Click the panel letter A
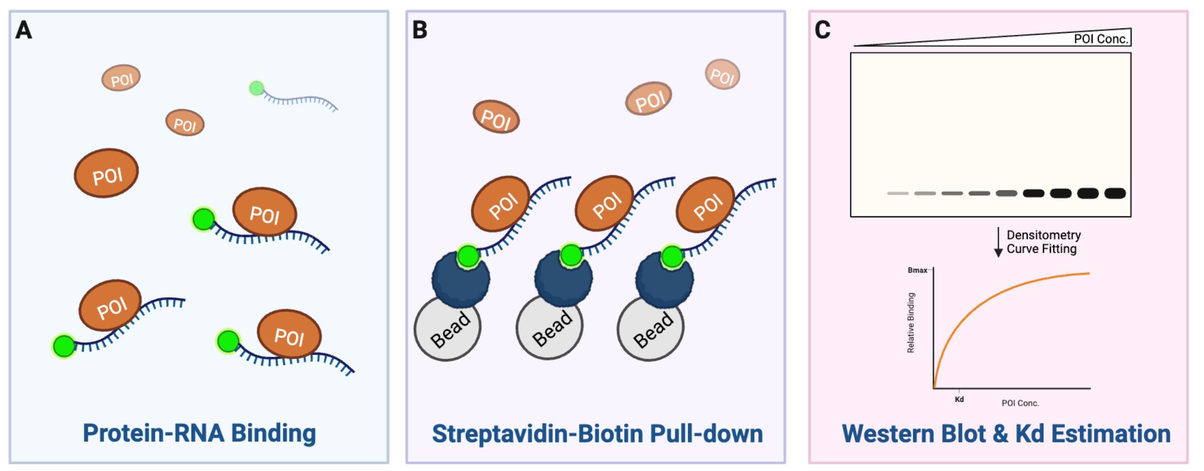[x=24, y=30]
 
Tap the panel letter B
[x=420, y=30]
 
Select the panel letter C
[x=822, y=30]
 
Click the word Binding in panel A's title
[x=274, y=433]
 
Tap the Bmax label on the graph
[x=917, y=270]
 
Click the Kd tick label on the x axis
[x=959, y=399]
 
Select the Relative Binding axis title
[x=911, y=323]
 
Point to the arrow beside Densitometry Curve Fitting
[x=998, y=242]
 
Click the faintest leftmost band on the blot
[x=898, y=193]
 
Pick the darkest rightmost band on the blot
[x=1115, y=193]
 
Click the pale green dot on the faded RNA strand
[x=256, y=88]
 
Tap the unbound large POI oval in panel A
[x=106, y=173]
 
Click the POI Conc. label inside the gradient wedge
[x=1100, y=39]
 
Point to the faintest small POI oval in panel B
[x=722, y=75]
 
